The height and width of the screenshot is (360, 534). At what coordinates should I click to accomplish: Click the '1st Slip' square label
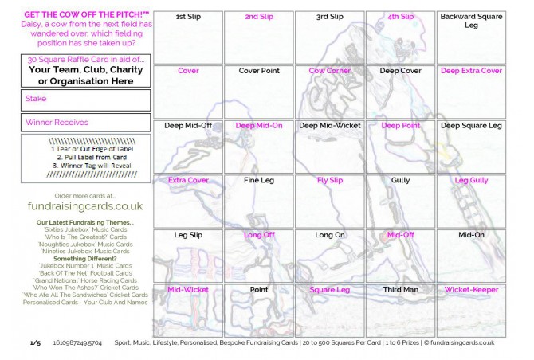click(188, 17)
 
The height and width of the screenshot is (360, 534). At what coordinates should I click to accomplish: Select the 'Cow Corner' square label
click(329, 71)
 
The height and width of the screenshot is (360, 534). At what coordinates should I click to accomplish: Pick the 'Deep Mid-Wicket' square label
click(329, 126)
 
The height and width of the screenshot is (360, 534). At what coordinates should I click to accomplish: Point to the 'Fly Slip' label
click(329, 181)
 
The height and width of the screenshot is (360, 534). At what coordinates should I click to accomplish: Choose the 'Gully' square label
click(400, 181)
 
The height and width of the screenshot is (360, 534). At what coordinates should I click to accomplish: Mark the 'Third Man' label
click(400, 290)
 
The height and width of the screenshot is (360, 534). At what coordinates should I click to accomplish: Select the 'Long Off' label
click(259, 236)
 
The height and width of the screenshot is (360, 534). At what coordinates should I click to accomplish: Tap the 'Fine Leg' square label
click(259, 181)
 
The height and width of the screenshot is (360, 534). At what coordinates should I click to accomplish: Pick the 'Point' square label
click(259, 290)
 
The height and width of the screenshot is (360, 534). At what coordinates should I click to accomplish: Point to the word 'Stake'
click(37, 99)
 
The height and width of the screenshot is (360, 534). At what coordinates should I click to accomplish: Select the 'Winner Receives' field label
click(57, 123)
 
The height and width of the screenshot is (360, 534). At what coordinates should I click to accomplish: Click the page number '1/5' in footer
click(35, 342)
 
